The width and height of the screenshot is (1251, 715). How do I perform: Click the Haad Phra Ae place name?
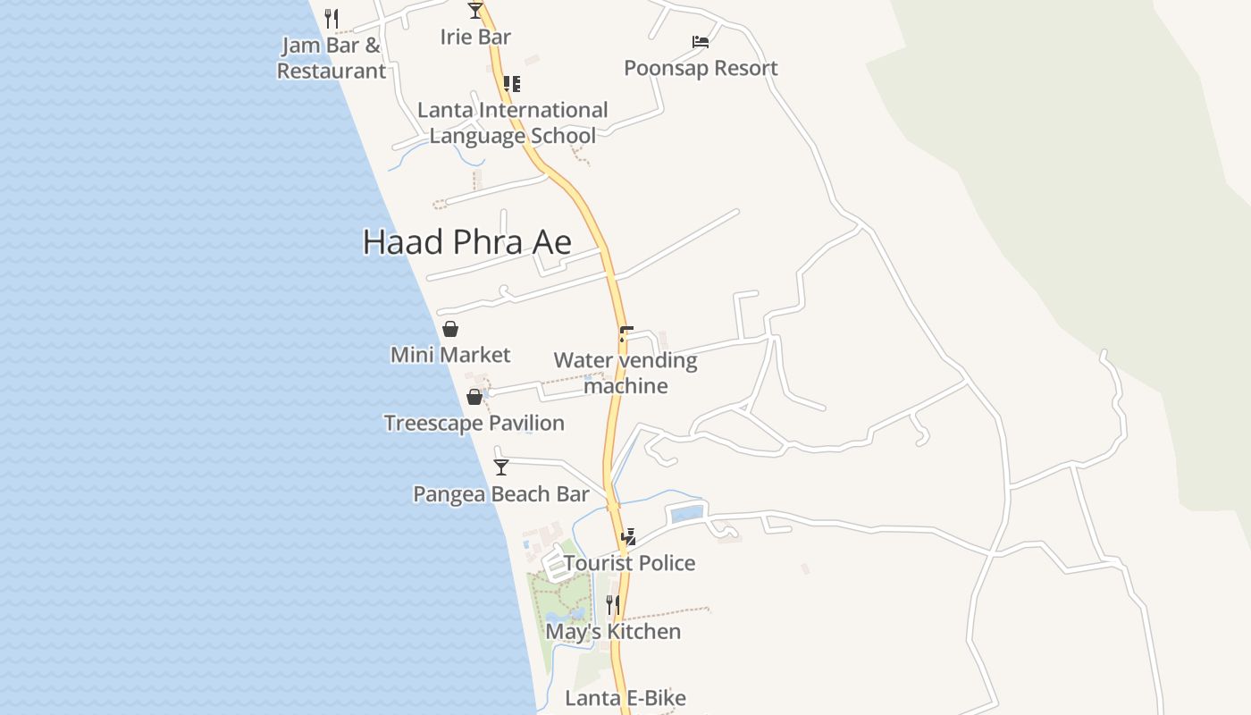click(x=466, y=242)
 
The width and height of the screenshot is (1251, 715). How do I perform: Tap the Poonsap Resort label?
click(x=701, y=68)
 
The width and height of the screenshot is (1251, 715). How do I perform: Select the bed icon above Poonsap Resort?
click(x=701, y=42)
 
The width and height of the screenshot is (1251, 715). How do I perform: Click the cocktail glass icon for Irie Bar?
click(x=475, y=11)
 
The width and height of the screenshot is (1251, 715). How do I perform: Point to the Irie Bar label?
click(x=475, y=37)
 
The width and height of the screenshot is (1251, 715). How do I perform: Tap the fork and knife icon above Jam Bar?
click(x=332, y=18)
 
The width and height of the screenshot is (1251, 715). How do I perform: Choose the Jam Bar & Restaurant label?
click(x=332, y=58)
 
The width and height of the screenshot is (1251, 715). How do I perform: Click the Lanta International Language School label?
click(x=513, y=122)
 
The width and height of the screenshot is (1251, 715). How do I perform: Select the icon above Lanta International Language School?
click(x=512, y=84)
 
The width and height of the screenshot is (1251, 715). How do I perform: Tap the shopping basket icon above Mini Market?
click(x=450, y=329)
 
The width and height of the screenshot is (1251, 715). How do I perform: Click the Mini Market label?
click(x=450, y=355)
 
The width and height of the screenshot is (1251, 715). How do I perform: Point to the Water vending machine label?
click(x=625, y=373)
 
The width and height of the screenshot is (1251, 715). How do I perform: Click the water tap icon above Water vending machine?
click(x=625, y=334)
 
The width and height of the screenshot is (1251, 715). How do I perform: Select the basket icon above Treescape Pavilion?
click(x=474, y=397)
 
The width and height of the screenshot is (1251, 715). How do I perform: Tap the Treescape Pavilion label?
click(x=474, y=423)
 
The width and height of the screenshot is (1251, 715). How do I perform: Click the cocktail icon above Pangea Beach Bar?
click(x=501, y=467)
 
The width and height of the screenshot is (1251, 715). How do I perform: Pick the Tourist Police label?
click(x=629, y=563)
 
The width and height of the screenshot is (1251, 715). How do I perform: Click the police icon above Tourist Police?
click(x=629, y=537)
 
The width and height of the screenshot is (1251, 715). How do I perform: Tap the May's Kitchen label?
click(x=613, y=632)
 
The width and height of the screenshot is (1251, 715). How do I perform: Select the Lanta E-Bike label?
click(x=625, y=698)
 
